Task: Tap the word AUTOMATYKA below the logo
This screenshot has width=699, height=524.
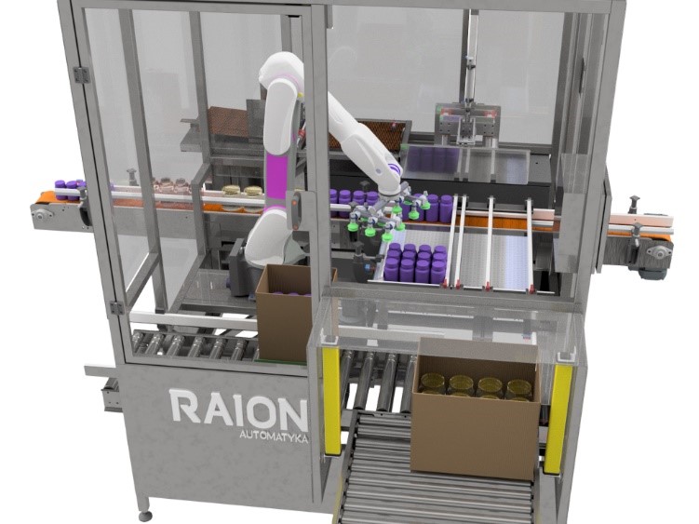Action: (x=274, y=437)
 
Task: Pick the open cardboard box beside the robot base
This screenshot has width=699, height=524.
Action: (x=284, y=313)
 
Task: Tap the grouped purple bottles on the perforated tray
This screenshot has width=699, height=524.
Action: (x=415, y=263)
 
